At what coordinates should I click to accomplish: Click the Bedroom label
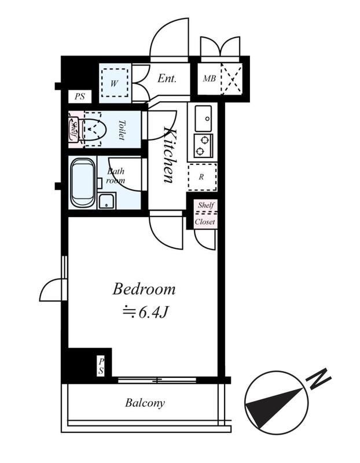point(144,288)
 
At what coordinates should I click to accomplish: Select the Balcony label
point(145,403)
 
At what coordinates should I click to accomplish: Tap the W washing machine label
point(114,83)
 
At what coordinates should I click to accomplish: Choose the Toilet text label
point(122,130)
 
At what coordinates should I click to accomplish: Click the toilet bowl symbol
point(93,130)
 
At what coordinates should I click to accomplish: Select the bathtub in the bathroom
point(83,182)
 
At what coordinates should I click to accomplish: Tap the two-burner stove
point(203,145)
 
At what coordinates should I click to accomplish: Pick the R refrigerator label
point(201,177)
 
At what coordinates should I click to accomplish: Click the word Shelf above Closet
point(206,205)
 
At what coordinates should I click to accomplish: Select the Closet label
point(205,222)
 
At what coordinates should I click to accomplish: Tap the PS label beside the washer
point(80,97)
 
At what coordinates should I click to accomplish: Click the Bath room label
point(116,176)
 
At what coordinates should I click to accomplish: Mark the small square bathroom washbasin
point(106,201)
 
